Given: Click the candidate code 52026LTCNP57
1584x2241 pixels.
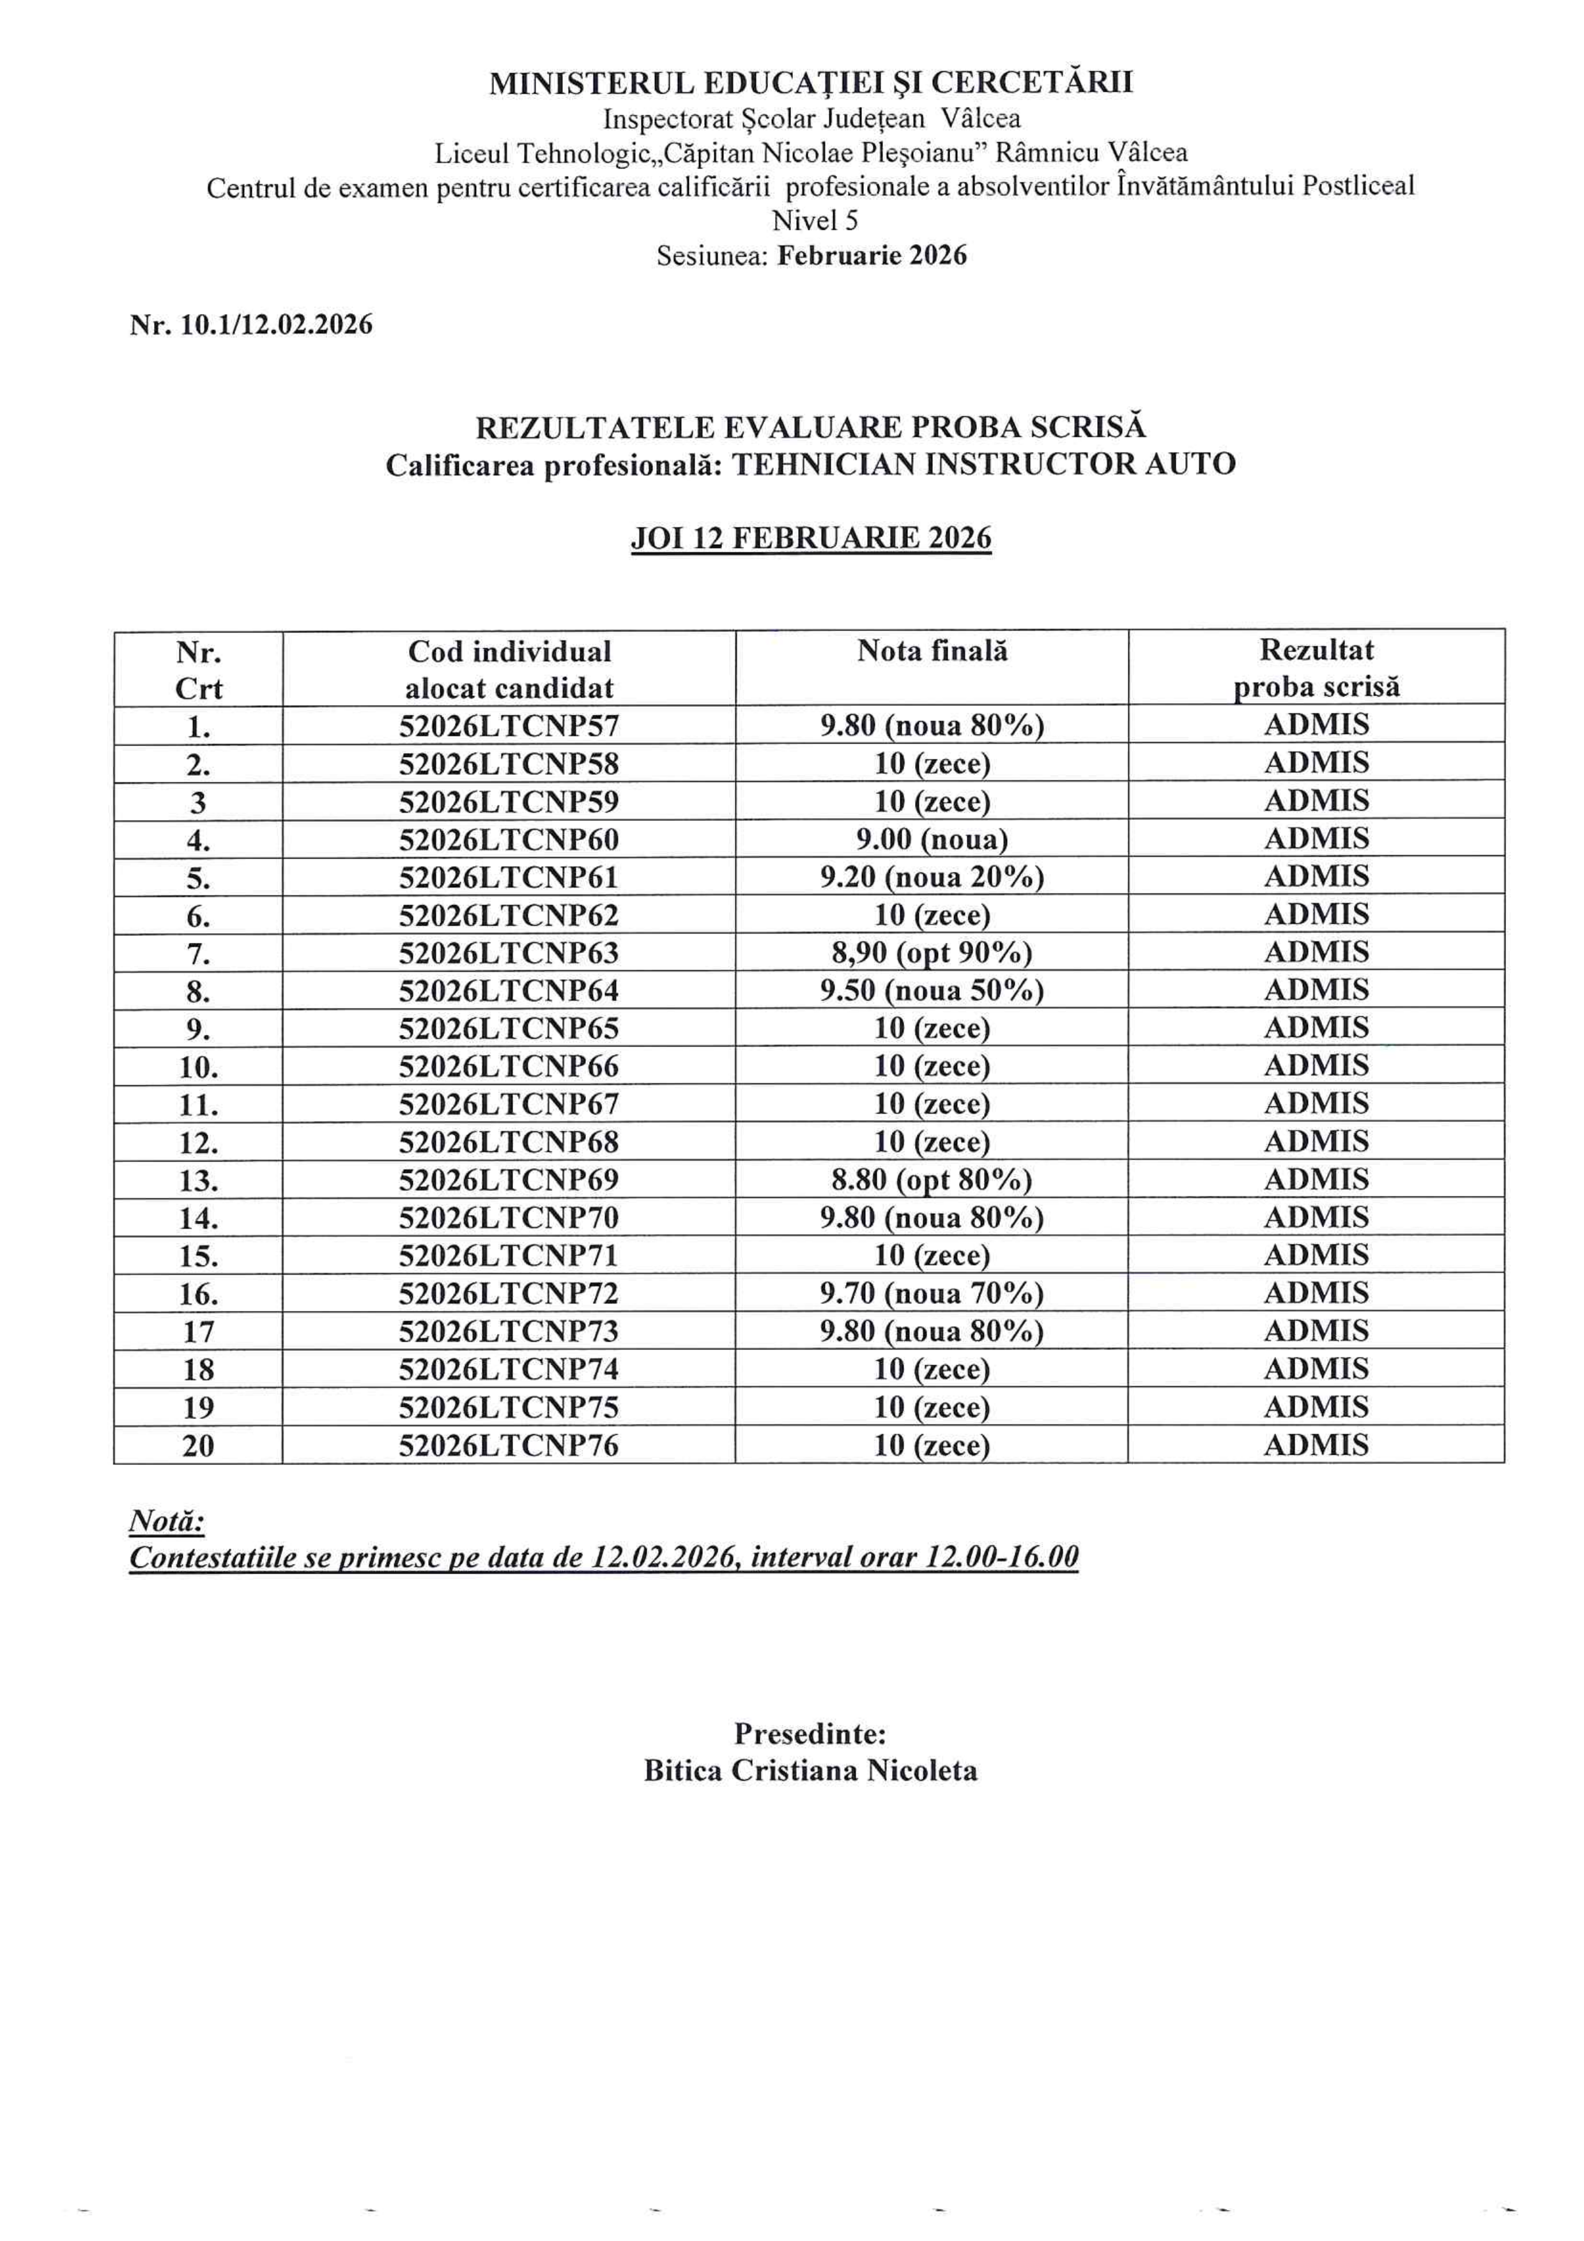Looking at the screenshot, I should pyautogui.click(x=509, y=725).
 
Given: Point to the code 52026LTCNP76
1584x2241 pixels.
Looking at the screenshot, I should pyautogui.click(x=509, y=1445).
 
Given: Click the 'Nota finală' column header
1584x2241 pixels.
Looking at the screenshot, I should pyautogui.click(x=932, y=651).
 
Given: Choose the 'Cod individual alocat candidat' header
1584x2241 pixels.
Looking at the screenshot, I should pyautogui.click(x=509, y=670).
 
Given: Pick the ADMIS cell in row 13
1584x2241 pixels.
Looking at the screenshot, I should pyautogui.click(x=1316, y=1179).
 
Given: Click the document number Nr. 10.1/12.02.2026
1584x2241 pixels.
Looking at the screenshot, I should pyautogui.click(x=251, y=325).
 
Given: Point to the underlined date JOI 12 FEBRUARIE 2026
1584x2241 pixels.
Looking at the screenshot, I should pyautogui.click(x=810, y=539).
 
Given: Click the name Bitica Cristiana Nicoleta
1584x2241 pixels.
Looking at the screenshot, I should pyautogui.click(x=810, y=1771).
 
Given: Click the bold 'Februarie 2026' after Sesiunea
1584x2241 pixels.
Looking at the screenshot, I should pyautogui.click(x=872, y=256).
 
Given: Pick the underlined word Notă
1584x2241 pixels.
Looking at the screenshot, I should pyautogui.click(x=166, y=1521).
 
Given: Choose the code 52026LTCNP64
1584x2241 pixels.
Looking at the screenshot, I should pyautogui.click(x=509, y=990).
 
